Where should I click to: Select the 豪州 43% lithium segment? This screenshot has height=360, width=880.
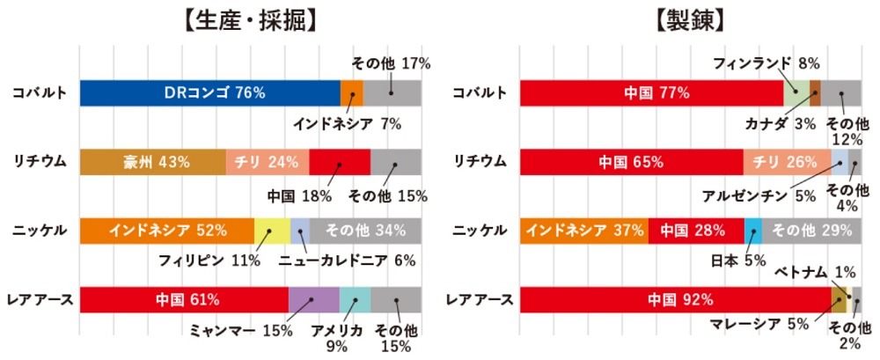(152, 161)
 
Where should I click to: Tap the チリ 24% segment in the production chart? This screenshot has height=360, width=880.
(268, 161)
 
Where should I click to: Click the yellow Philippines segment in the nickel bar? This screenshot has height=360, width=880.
(272, 231)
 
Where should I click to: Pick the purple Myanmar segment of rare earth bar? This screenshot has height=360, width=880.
(314, 299)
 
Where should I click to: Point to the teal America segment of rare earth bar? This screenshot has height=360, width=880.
(355, 299)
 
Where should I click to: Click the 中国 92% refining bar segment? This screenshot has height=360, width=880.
(675, 299)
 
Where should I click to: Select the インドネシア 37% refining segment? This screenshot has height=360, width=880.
(584, 231)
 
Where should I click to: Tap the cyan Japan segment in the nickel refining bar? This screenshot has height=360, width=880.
(752, 231)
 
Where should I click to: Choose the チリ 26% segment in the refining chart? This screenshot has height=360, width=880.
(787, 161)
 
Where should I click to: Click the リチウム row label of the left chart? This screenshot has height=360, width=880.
(37, 161)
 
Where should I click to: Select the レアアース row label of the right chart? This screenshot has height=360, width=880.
(481, 299)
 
